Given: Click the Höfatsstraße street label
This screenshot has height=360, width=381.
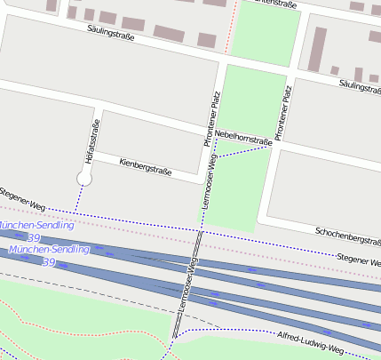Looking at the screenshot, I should click(x=87, y=143).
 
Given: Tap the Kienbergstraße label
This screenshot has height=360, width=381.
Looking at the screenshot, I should click(x=145, y=166).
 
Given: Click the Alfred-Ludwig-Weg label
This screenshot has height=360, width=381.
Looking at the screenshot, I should click(x=310, y=344).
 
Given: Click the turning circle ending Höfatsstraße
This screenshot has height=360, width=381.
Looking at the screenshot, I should click(x=84, y=179).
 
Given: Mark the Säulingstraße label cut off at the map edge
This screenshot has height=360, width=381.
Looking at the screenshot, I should click(x=360, y=85).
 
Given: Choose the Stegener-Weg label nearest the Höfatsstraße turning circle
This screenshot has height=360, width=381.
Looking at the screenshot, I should click(x=21, y=199).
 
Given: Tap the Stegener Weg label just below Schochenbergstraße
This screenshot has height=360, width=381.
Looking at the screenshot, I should click(x=359, y=257).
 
